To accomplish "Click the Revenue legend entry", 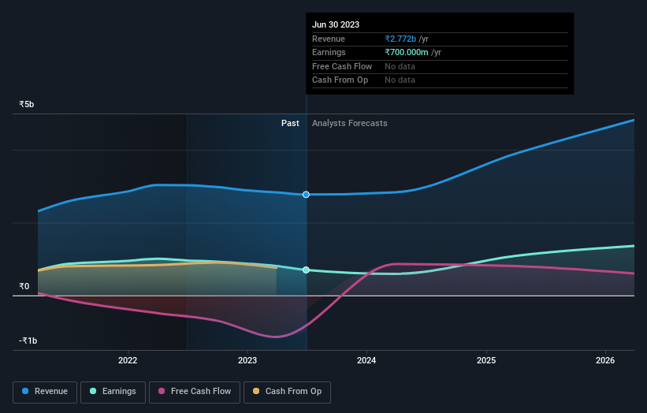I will (45, 391).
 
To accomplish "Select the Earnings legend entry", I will (113, 391).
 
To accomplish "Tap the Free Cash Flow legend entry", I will (194, 391).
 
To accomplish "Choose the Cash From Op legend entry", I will (287, 391).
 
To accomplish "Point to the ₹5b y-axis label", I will (27, 104).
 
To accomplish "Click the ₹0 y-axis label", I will (24, 286).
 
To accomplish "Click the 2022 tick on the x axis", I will (128, 361).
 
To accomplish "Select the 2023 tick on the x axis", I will (247, 361).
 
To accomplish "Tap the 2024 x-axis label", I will (366, 361).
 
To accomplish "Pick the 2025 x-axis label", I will (486, 361).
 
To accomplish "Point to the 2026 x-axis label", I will (605, 361).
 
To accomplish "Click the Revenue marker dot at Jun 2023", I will (306, 194).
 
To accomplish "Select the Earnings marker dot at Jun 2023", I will (306, 270).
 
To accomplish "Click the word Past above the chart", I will (290, 123).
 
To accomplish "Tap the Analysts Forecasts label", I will (349, 123).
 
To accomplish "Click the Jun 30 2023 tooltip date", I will (336, 24).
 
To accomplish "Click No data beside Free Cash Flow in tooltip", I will (400, 66).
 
